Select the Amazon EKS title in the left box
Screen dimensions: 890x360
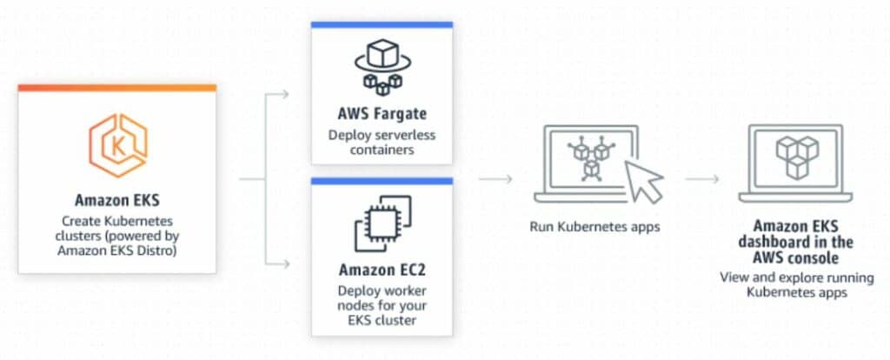117,200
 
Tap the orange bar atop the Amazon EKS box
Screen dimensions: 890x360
117,88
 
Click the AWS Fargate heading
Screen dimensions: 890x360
382,114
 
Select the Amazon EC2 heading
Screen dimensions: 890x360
382,270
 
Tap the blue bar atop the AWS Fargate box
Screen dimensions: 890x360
382,24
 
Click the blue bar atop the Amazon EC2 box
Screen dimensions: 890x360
382,181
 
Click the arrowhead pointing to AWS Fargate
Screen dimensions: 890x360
285,94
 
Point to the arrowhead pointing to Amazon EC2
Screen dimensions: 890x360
285,264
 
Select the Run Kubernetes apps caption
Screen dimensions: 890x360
594,227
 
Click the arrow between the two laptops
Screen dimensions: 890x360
702,179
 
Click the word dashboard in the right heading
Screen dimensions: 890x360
781,243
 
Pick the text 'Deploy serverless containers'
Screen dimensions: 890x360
382,143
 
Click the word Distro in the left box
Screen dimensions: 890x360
157,250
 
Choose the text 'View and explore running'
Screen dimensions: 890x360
796,278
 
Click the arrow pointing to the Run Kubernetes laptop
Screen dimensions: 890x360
495,179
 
